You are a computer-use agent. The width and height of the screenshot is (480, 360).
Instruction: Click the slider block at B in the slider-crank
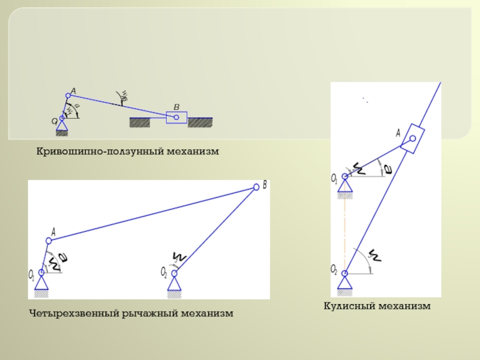pyautogui.click(x=176, y=118)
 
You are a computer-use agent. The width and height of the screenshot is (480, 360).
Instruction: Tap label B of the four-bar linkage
pyautogui.click(x=265, y=185)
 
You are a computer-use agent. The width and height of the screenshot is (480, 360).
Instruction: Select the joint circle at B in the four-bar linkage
pyautogui.click(x=256, y=187)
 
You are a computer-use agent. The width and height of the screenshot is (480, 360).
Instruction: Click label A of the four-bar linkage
pyautogui.click(x=53, y=231)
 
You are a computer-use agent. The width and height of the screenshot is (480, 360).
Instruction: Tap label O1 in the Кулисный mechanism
pyautogui.click(x=334, y=178)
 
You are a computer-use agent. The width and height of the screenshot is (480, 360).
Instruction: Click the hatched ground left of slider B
pyautogui.click(x=139, y=122)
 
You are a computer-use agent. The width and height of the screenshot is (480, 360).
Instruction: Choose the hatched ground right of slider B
pyautogui.click(x=200, y=122)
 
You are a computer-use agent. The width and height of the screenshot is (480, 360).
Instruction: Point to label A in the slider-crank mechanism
pyautogui.click(x=73, y=91)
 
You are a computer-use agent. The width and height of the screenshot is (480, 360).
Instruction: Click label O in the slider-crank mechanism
pyautogui.click(x=54, y=121)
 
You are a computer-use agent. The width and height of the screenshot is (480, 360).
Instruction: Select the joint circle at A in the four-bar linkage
pyautogui.click(x=47, y=240)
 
